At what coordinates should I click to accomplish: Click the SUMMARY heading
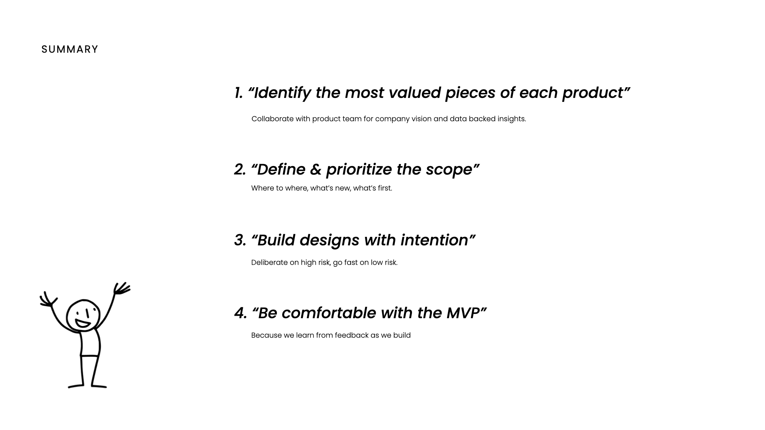(x=70, y=49)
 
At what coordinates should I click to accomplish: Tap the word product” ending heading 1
(x=596, y=93)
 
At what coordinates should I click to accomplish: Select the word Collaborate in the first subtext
(x=273, y=119)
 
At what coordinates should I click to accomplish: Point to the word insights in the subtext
(x=511, y=119)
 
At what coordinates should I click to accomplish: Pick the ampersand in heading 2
(x=315, y=170)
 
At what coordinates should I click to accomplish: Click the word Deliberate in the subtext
(x=269, y=262)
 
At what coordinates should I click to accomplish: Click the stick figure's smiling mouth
(x=83, y=323)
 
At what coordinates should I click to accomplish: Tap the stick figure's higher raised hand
(x=122, y=289)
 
